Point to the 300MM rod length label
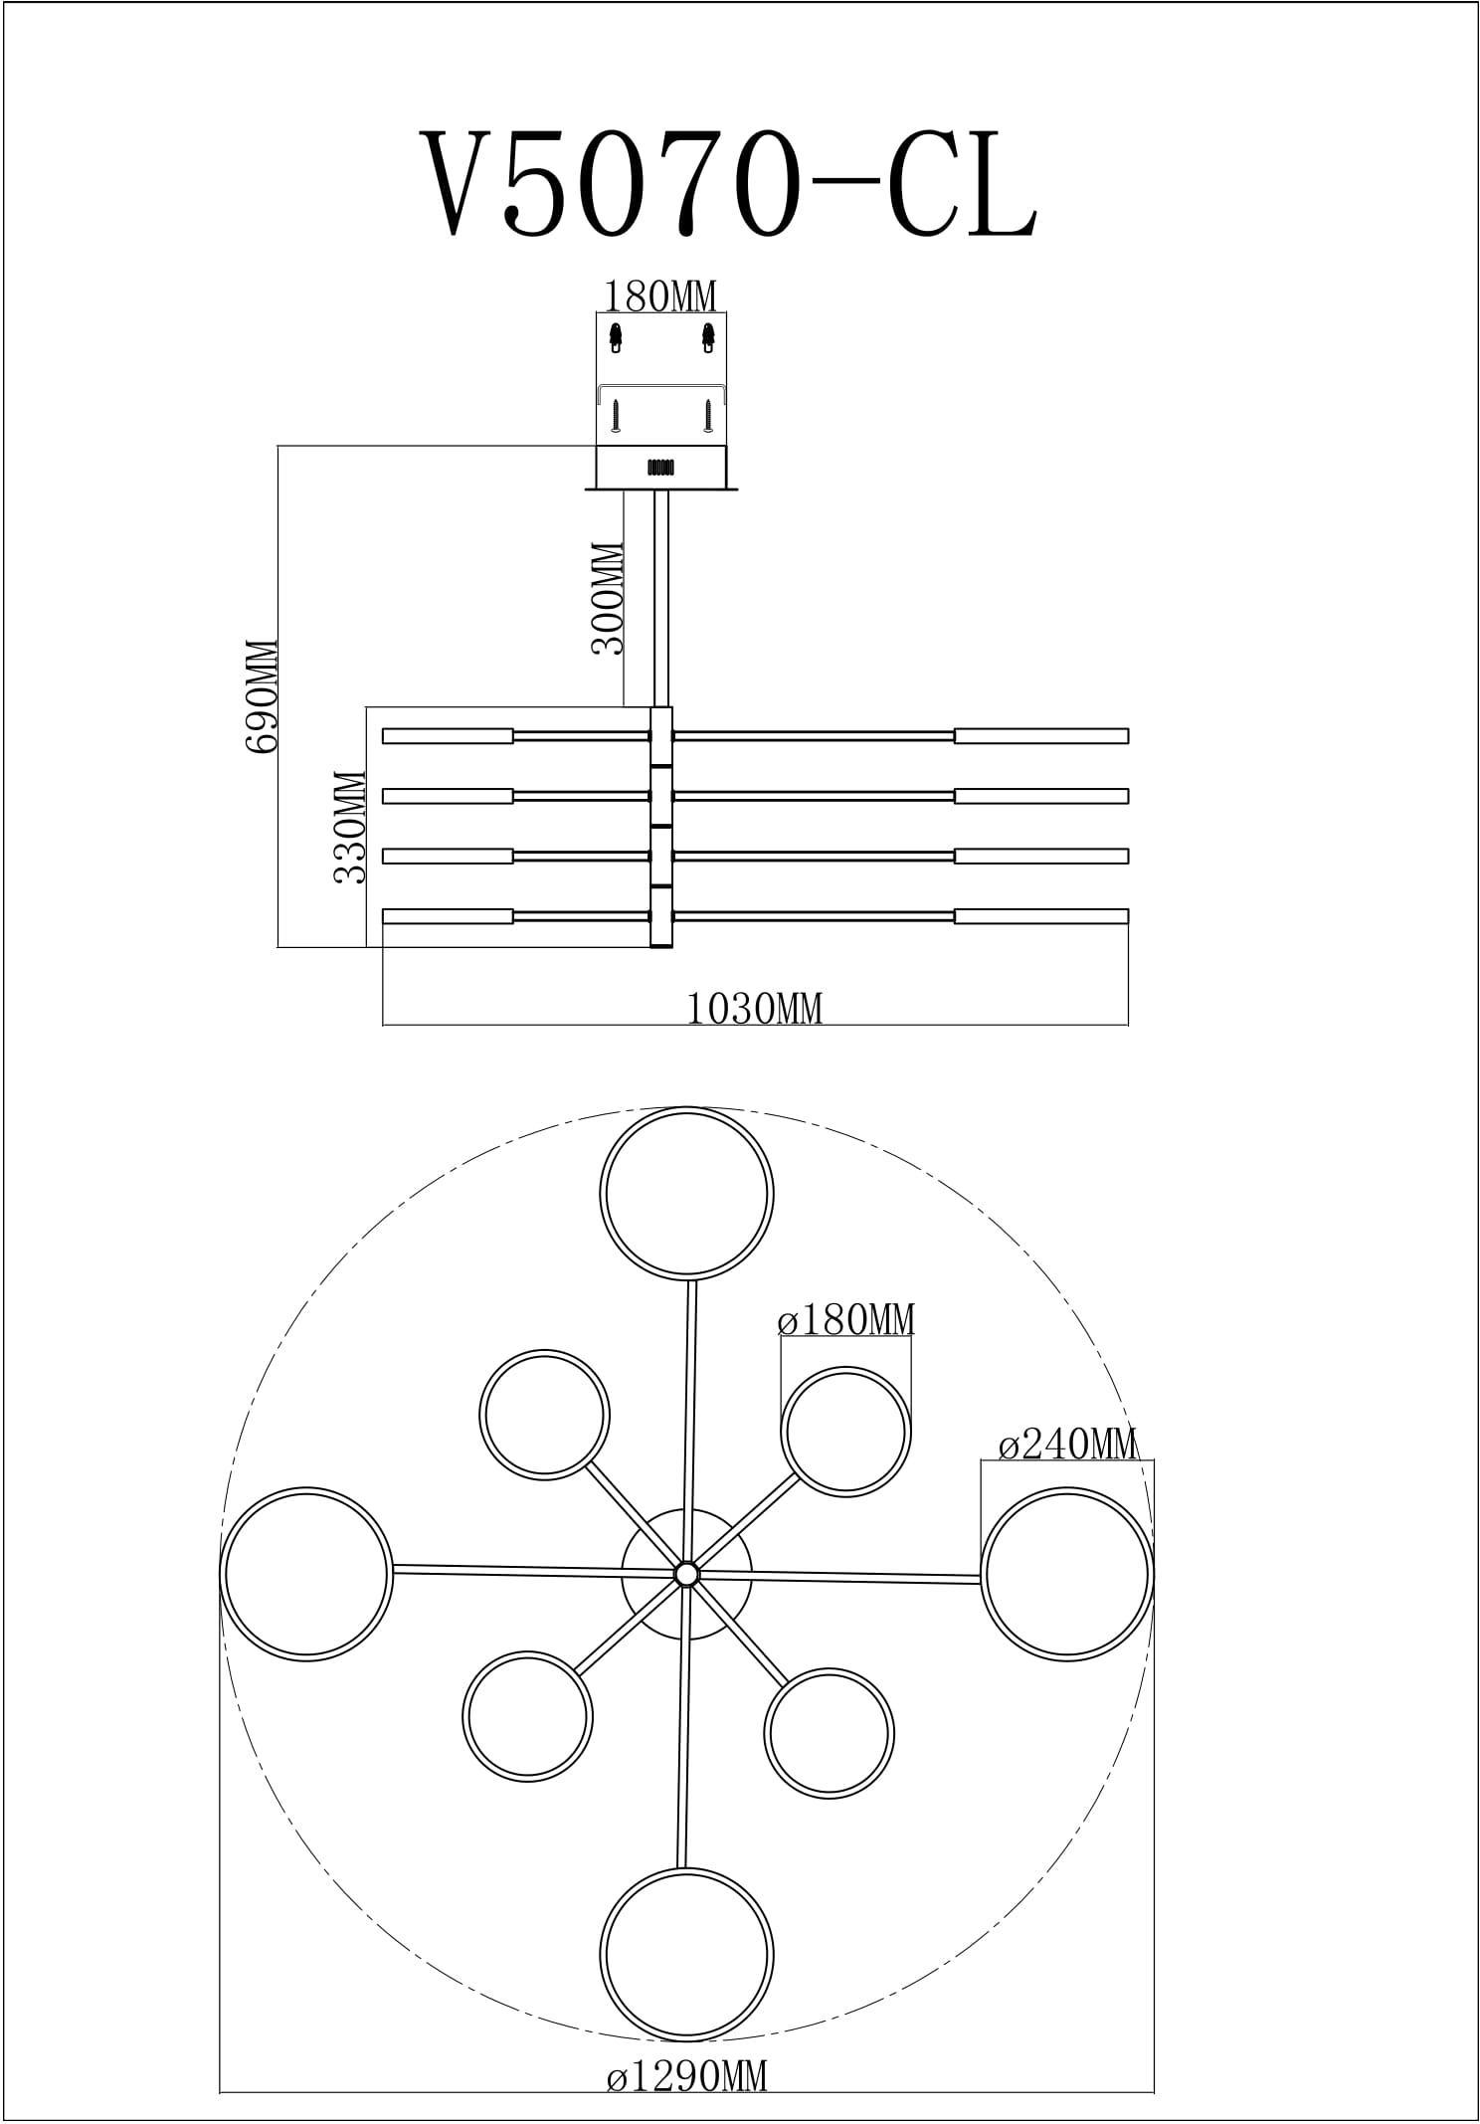point(608,598)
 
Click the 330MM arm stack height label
point(350,827)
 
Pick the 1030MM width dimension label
point(755,1009)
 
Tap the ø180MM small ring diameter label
point(845,1320)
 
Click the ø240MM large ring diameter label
point(1067,1444)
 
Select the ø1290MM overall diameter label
point(687,2073)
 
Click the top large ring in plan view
point(686,1109)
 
